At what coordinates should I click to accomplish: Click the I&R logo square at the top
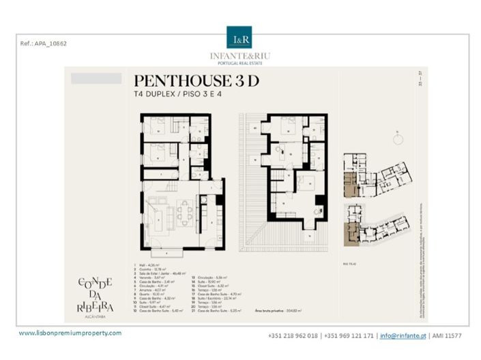[x=239, y=37]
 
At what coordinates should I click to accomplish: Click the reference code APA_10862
[x=44, y=44]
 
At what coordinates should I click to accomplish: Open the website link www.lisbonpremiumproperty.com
[x=70, y=333]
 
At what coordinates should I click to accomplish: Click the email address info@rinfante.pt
[x=403, y=335]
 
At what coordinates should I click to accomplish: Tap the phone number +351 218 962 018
[x=293, y=335]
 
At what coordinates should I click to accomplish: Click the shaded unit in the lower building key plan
[x=351, y=232]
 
